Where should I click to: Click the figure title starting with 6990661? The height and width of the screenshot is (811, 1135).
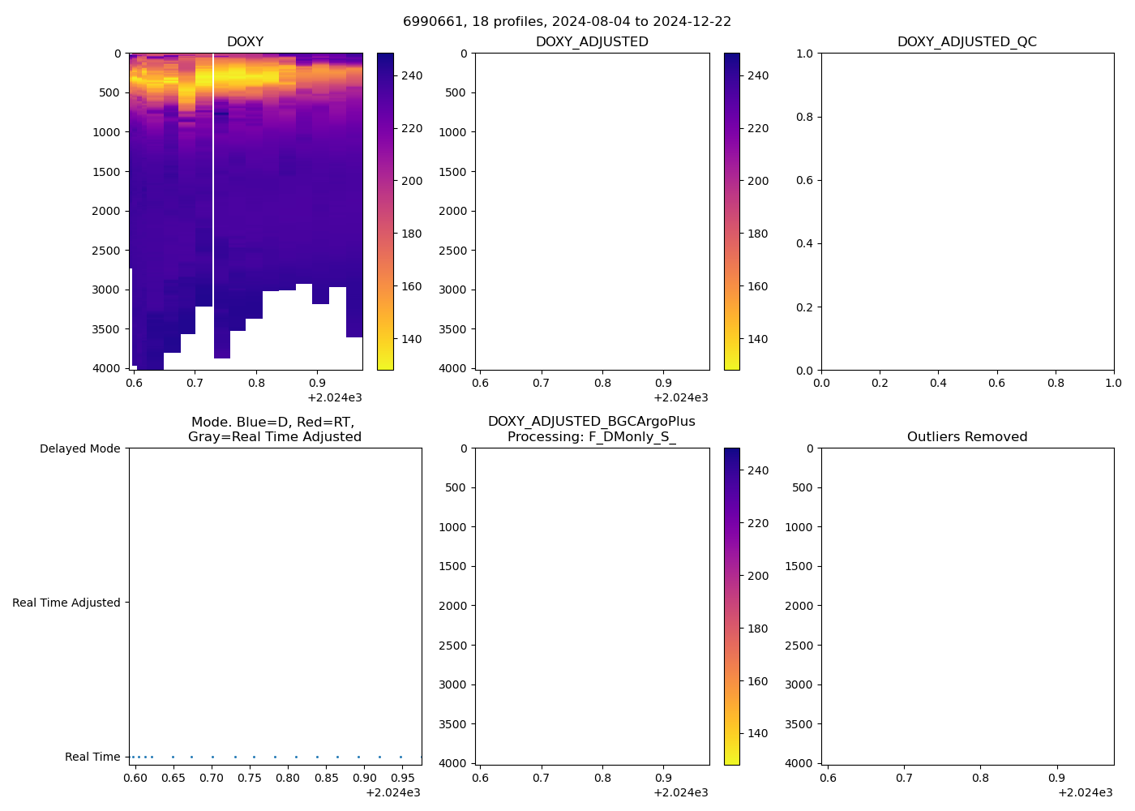[x=567, y=22]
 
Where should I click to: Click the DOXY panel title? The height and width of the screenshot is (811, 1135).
[x=245, y=42]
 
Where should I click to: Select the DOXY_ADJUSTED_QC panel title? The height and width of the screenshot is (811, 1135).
[x=966, y=42]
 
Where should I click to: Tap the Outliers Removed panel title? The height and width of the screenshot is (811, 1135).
[x=966, y=437]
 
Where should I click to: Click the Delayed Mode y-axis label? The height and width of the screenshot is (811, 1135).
[x=79, y=448]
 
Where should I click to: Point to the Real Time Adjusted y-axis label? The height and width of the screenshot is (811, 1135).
[x=66, y=603]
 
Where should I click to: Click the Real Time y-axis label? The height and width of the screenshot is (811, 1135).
[x=92, y=757]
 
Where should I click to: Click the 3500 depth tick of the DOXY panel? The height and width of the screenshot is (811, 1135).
[x=106, y=329]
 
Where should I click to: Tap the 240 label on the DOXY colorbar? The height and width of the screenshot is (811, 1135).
[x=412, y=75]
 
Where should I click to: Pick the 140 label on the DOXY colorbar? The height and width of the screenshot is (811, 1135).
[x=412, y=339]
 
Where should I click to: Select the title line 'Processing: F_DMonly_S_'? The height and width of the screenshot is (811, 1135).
[x=591, y=437]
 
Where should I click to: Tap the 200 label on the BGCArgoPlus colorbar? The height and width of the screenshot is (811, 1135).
[x=758, y=576]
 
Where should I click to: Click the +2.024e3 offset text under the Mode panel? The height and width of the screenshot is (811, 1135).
[x=392, y=792]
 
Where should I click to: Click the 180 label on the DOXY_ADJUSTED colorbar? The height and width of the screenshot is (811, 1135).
[x=758, y=234]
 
